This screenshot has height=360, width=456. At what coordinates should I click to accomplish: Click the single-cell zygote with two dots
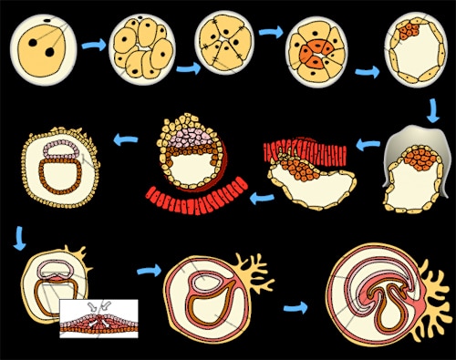pyautogui.click(x=41, y=45)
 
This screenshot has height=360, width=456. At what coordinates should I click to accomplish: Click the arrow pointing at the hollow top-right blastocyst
pyautogui.click(x=368, y=72)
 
